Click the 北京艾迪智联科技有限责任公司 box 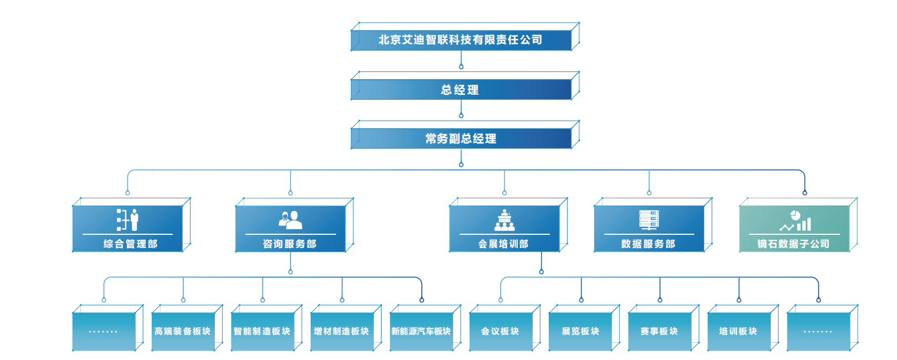point(461,40)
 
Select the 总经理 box point(461,90)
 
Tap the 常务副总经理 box point(461,138)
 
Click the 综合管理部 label point(130,244)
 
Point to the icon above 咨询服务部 point(290,220)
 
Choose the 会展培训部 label point(503,244)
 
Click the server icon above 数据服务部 point(649,220)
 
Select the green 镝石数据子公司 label point(793,244)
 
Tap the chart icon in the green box point(795,221)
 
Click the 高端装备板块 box point(183,331)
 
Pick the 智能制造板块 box point(262,331)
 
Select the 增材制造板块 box point(342,331)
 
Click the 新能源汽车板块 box point(421,331)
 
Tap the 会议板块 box point(501,331)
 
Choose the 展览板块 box point(580,331)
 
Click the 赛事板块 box point(659,331)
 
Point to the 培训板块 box point(739,331)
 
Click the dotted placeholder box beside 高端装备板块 point(104,331)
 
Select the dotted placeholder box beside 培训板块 point(818,331)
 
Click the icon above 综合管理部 point(127,220)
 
